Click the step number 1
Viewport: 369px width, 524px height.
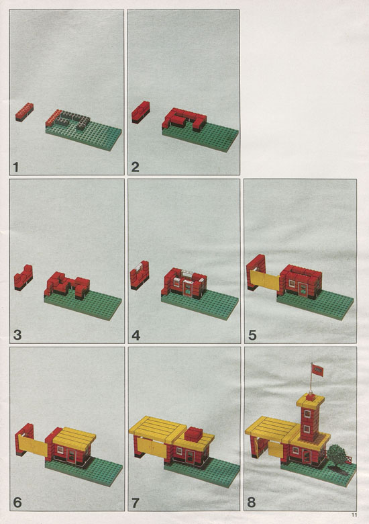(x=15, y=167)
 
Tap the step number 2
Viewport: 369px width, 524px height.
(x=135, y=167)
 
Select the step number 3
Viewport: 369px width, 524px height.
(x=17, y=335)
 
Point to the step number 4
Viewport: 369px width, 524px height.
(x=136, y=335)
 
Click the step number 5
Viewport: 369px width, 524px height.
(x=252, y=335)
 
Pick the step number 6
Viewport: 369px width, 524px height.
(x=17, y=503)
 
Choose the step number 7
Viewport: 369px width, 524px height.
(x=135, y=503)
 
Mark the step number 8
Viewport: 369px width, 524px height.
(x=252, y=502)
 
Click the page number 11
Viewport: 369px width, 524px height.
(x=354, y=515)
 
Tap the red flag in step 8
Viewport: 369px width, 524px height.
(x=317, y=370)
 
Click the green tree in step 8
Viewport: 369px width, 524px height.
(x=335, y=453)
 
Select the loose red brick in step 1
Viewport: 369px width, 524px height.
(x=24, y=112)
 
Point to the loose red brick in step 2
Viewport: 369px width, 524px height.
(x=140, y=112)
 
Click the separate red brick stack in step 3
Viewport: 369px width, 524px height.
(x=23, y=277)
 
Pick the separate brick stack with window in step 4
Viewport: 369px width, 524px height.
(x=140, y=275)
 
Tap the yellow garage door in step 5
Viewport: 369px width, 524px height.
(x=265, y=280)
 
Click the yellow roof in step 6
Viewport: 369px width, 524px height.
(x=74, y=436)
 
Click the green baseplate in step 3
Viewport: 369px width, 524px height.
(x=83, y=305)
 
